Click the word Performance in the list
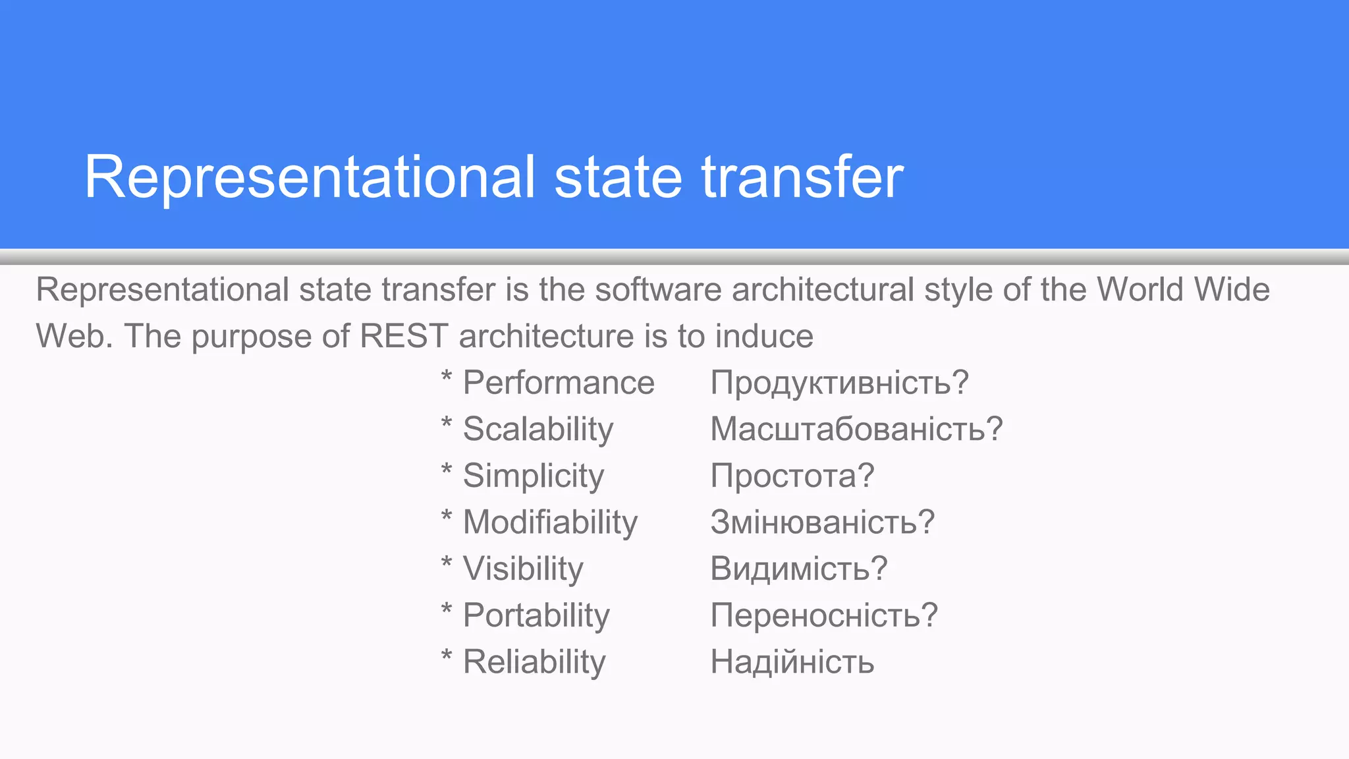coord(559,383)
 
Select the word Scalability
coord(538,430)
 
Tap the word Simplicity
coord(533,476)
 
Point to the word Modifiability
coord(550,522)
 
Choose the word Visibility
coord(523,569)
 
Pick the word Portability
coord(536,616)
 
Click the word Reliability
coord(534,662)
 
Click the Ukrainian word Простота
coord(785,476)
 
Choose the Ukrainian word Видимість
coord(790,569)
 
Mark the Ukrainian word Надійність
coord(792,662)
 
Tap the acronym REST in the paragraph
coord(404,336)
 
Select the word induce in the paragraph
coord(764,336)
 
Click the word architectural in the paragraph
coord(823,290)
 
